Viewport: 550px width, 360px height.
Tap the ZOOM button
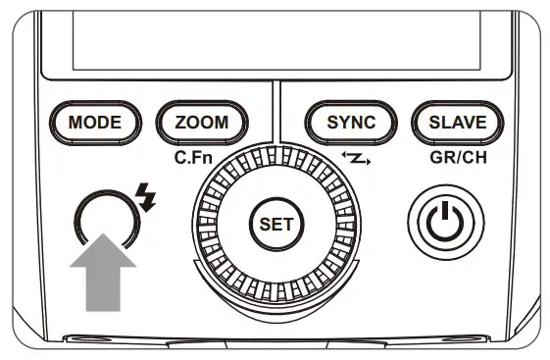201,123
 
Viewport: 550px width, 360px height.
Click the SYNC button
352,123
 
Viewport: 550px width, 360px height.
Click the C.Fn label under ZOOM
189,153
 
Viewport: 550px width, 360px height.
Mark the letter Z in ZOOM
182,123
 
